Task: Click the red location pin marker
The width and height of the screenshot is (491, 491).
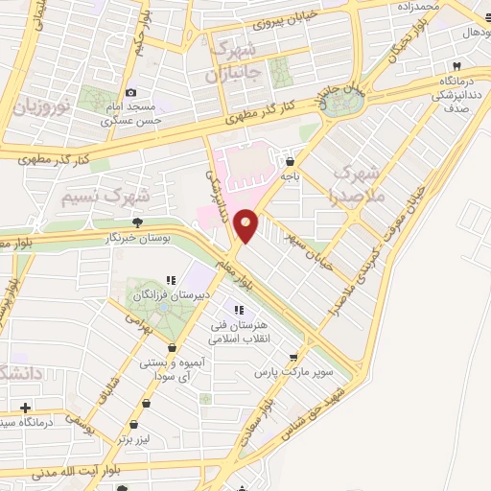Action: click(x=246, y=224)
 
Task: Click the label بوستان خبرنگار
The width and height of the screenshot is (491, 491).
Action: click(x=136, y=235)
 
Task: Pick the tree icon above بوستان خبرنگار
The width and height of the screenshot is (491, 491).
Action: click(x=137, y=222)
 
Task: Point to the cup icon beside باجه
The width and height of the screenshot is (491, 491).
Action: click(x=290, y=162)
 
